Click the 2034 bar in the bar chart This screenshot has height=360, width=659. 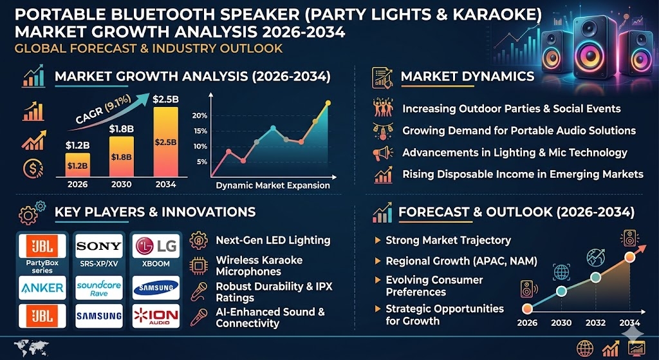tap(165, 142)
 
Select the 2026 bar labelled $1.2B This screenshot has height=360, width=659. tap(77, 165)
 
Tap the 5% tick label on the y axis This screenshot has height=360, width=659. tap(201, 162)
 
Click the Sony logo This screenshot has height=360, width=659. tap(98, 246)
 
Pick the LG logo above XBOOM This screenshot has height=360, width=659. tap(156, 246)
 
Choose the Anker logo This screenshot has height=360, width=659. tap(42, 288)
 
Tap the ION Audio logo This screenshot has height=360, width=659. tap(156, 316)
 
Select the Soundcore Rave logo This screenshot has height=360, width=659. tap(98, 288)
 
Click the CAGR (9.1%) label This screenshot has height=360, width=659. tap(97, 111)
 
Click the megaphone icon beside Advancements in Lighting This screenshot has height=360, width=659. tap(382, 153)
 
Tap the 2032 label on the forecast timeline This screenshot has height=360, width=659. tap(595, 323)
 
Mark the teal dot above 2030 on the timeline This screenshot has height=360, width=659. tap(561, 291)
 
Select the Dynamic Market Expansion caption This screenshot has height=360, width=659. tap(273, 185)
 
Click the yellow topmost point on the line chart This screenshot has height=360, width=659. tap(328, 102)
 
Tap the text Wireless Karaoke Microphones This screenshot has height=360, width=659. tap(259, 266)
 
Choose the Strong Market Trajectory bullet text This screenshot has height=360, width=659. tap(448, 241)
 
